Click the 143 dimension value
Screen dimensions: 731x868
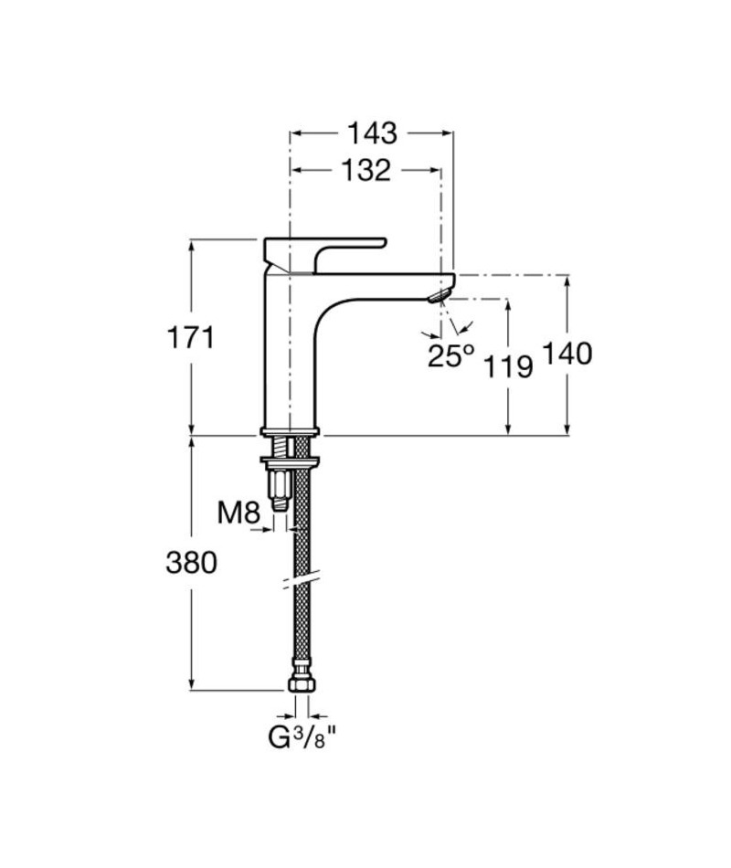click(x=372, y=133)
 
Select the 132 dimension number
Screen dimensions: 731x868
click(x=365, y=171)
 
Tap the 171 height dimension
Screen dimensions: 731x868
click(x=190, y=337)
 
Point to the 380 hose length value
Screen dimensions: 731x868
click(x=192, y=563)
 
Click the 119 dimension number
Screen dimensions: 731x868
click(x=508, y=365)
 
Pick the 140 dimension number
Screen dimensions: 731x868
click(x=567, y=354)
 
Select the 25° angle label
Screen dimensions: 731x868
click(x=450, y=356)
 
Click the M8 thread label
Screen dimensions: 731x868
click(x=238, y=513)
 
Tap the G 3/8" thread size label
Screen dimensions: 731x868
click(x=303, y=738)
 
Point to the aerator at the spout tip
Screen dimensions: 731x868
click(x=440, y=295)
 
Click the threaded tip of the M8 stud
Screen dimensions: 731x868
click(x=281, y=503)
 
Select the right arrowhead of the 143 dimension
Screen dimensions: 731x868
click(x=447, y=132)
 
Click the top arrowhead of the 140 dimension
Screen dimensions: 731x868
click(x=567, y=281)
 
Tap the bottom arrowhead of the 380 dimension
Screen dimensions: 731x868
click(x=192, y=683)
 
